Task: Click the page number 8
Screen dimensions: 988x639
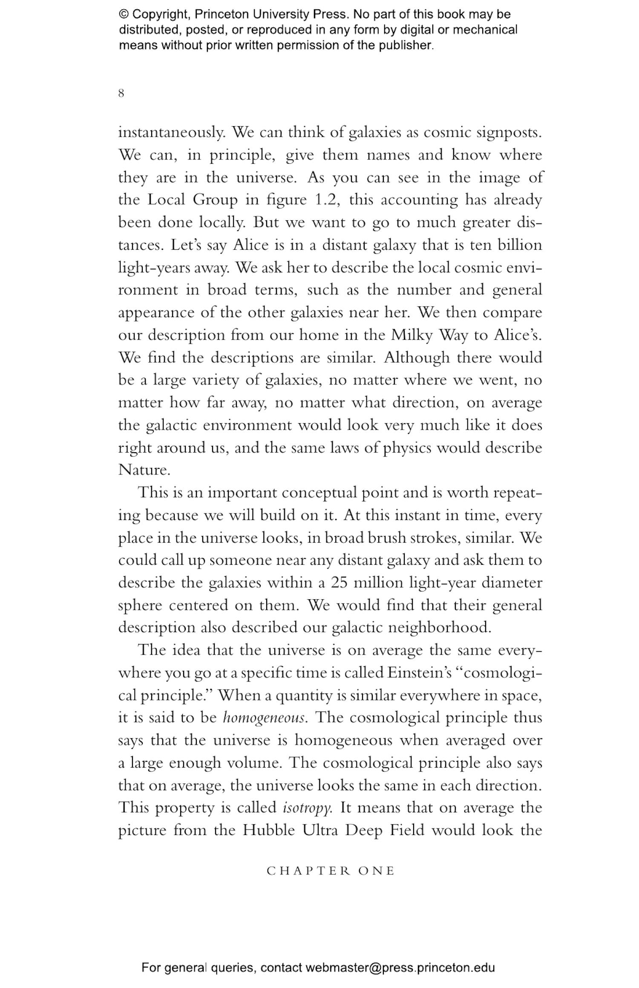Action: tap(121, 93)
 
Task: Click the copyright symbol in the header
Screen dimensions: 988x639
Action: tap(124, 14)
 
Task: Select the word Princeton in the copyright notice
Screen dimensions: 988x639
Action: tap(222, 14)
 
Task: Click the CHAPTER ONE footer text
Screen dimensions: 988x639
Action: tap(331, 871)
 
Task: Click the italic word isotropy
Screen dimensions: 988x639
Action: tap(307, 808)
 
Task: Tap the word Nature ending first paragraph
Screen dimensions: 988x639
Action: tap(144, 470)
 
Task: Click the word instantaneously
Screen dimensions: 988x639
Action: tap(171, 133)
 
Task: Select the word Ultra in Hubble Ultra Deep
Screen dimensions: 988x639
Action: tap(320, 831)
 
